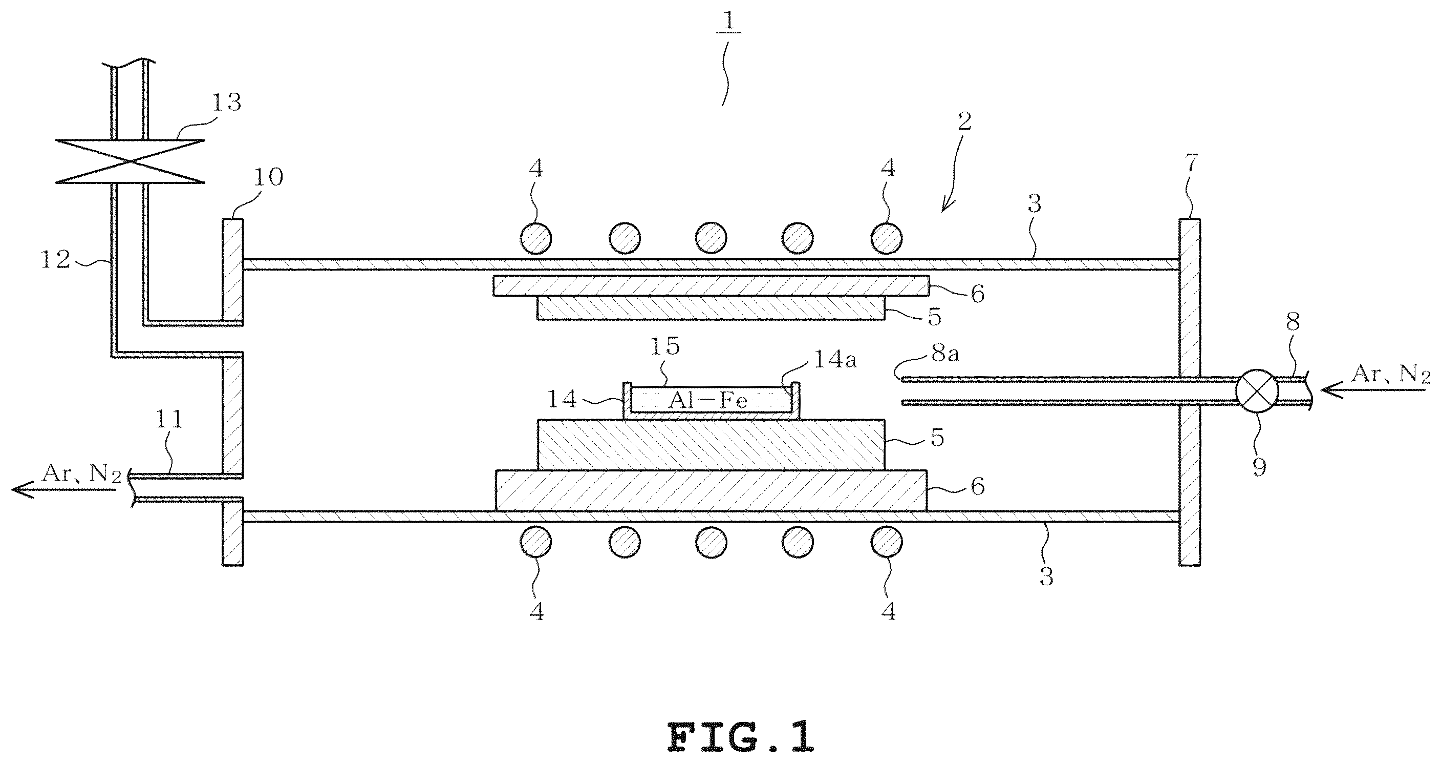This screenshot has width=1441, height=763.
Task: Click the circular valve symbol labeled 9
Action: tap(1257, 391)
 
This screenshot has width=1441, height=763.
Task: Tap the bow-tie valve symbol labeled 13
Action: tap(131, 161)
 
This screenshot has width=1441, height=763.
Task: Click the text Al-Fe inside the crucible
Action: tap(708, 401)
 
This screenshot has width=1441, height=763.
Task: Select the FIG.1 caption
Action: tap(741, 737)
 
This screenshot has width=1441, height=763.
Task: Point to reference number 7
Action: tap(1191, 163)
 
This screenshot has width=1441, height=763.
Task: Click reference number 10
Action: tap(269, 177)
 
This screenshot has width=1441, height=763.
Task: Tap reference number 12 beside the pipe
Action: tap(56, 259)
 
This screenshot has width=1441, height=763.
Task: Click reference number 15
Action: tap(664, 346)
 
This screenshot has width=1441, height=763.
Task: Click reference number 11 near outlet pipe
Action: tap(168, 419)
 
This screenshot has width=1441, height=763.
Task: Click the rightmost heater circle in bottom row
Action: tap(886, 542)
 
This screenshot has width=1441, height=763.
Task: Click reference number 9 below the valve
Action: tap(1259, 466)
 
